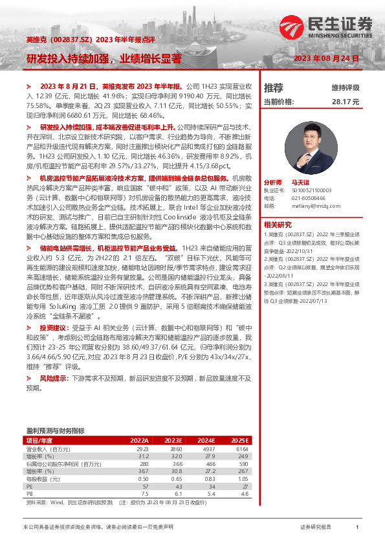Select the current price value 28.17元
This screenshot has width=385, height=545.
coord(346,102)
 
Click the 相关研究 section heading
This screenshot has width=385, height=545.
coord(277,224)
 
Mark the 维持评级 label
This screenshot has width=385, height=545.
coord(346,87)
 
